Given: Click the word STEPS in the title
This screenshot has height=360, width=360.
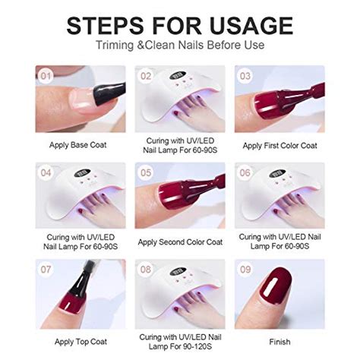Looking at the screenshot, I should tap(109, 25).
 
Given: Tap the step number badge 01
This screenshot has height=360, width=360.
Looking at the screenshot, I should tap(46, 77).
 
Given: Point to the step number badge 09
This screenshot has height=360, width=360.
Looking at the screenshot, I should tap(245, 270).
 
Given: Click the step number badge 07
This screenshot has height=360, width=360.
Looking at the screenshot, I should tap(46, 270).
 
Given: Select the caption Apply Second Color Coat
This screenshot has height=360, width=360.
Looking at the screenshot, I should tap(180, 242).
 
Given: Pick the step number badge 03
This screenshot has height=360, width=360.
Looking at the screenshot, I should tap(245, 77).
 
